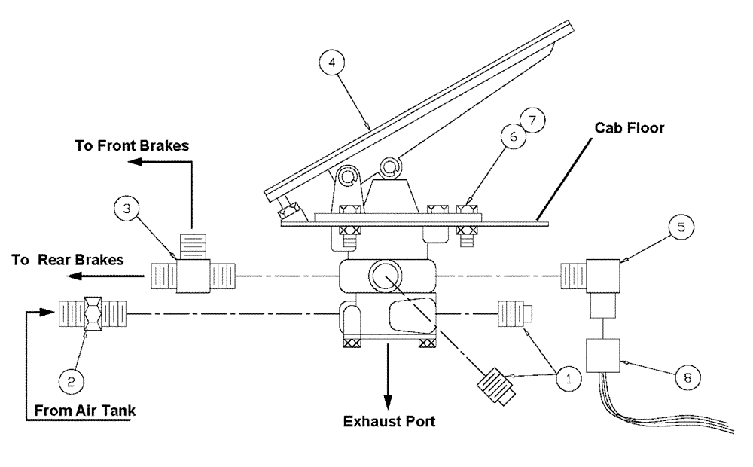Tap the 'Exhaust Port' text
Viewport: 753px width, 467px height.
pos(389,421)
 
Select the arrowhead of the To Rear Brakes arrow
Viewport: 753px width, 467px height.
pos(72,276)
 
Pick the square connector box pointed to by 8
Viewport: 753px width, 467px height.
pos(602,354)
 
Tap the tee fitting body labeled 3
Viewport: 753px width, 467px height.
pos(194,274)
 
